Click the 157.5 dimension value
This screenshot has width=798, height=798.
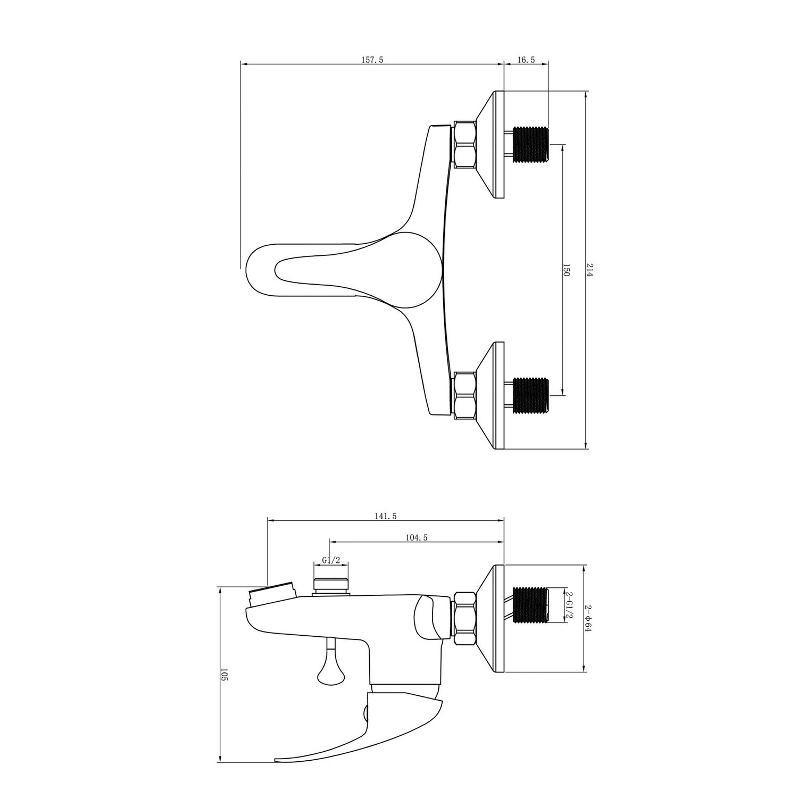(372, 60)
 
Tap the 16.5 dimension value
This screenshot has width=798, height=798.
(526, 60)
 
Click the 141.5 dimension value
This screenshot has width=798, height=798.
(386, 516)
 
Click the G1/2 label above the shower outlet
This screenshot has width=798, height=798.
(331, 560)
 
